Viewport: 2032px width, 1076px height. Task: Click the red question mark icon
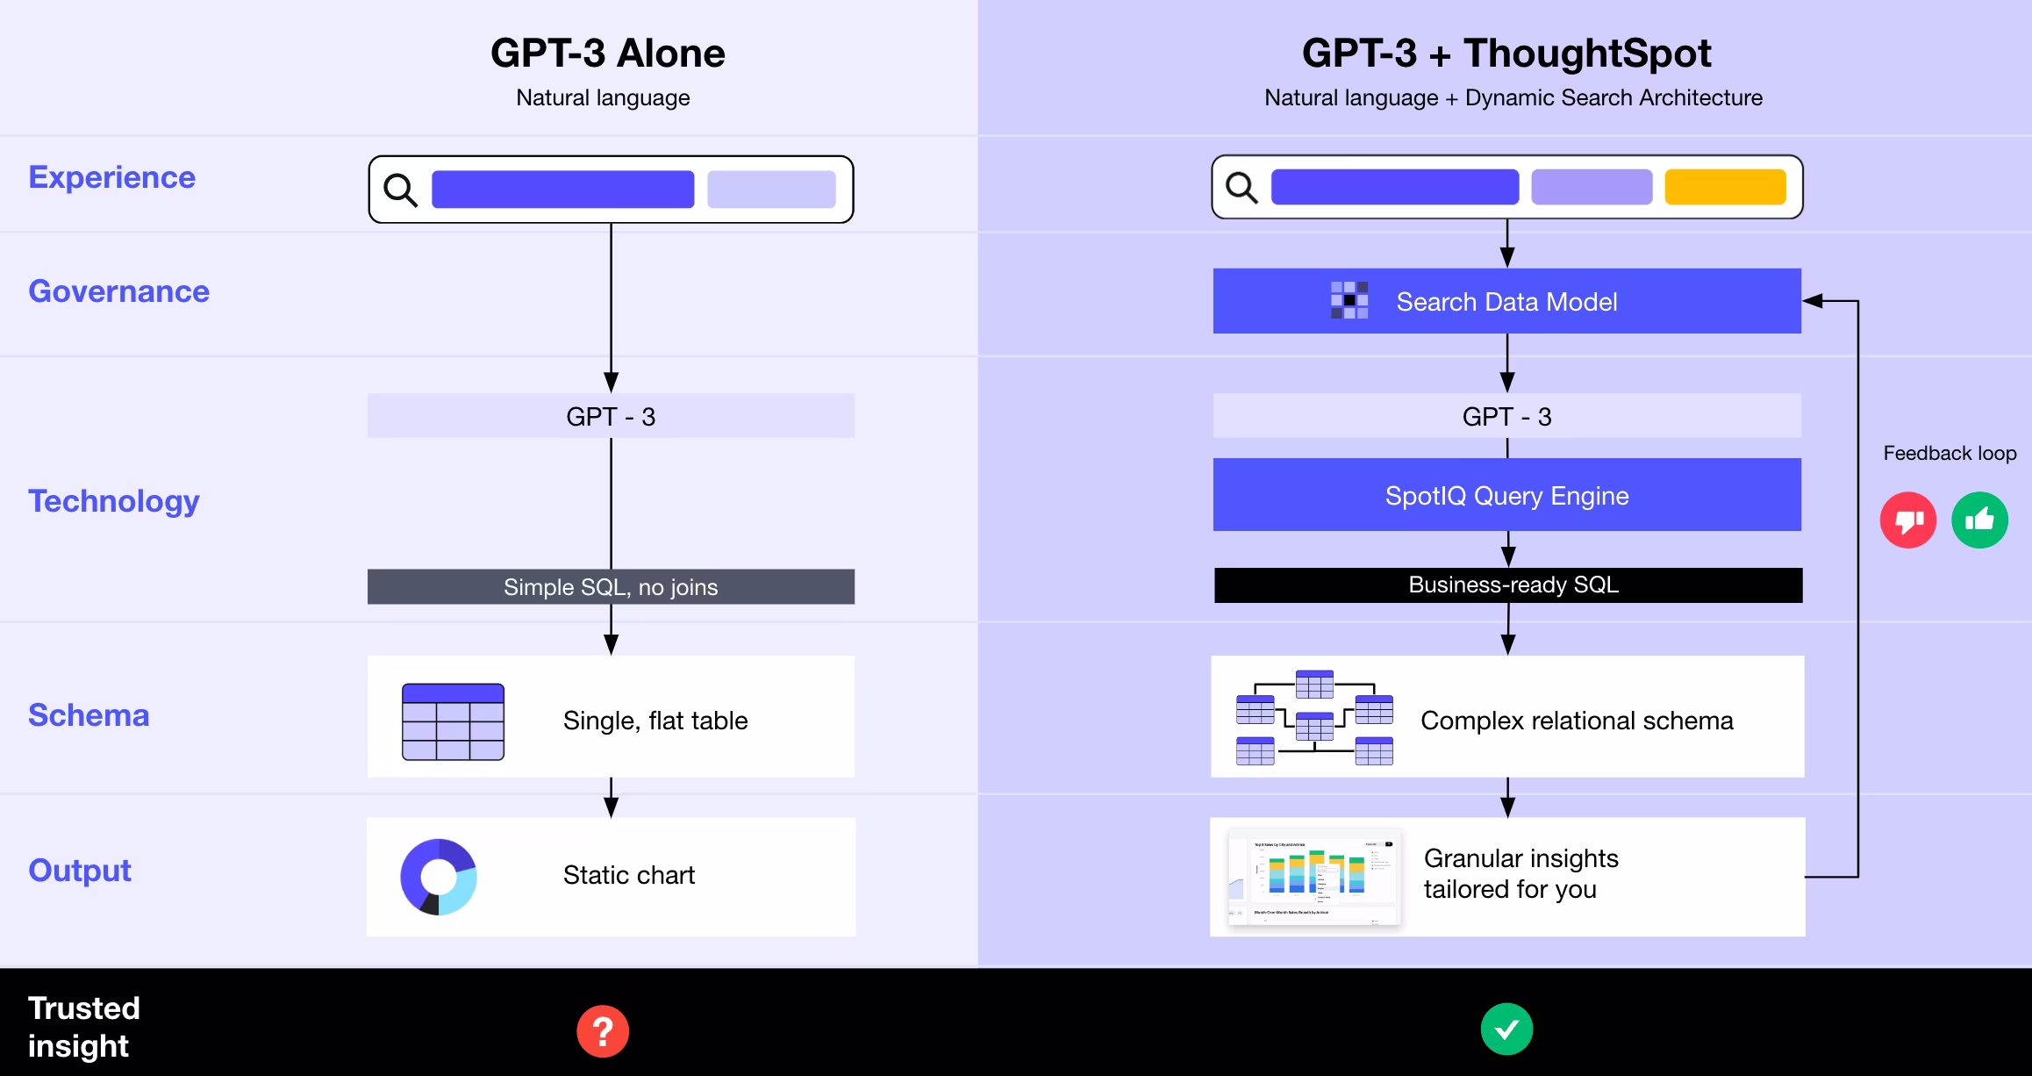tap(603, 1031)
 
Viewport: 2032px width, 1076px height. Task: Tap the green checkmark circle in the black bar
tap(1506, 1029)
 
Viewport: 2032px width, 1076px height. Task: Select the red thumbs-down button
tap(1907, 520)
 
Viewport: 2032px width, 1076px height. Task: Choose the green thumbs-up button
tap(1979, 520)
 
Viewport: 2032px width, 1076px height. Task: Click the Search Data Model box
tap(1506, 301)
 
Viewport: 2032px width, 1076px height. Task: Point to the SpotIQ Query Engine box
tap(1506, 495)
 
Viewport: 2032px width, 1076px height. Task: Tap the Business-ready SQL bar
tap(1508, 585)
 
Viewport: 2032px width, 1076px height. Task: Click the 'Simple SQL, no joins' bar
tap(611, 587)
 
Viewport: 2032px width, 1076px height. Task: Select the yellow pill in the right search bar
tap(1725, 187)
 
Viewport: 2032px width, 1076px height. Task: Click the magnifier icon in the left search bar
tap(400, 190)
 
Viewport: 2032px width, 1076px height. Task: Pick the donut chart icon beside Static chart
tap(439, 877)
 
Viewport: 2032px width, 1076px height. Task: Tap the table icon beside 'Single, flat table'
tap(453, 721)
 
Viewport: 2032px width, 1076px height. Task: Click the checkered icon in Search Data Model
tap(1349, 300)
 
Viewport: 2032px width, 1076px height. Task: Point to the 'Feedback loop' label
tap(1950, 453)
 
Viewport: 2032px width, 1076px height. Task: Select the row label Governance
tap(118, 291)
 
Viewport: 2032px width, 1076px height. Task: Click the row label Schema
tap(89, 715)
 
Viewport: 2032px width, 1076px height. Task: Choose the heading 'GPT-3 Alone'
tap(607, 54)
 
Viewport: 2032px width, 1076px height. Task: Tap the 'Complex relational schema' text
tap(1577, 721)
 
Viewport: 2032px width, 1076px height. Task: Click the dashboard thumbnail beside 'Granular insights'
tap(1313, 877)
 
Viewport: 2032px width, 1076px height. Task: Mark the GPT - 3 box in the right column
tap(1506, 416)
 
